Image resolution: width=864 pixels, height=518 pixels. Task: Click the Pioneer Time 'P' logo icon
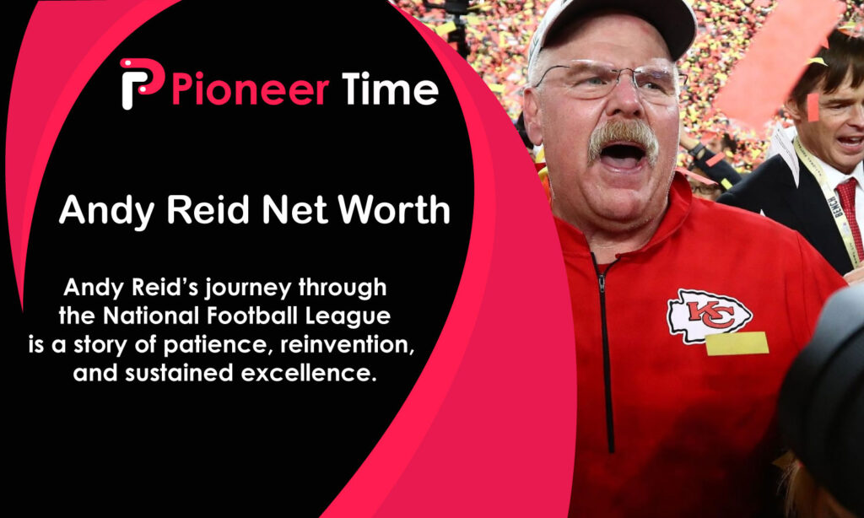(140, 84)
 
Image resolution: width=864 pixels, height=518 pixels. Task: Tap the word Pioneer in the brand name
(249, 89)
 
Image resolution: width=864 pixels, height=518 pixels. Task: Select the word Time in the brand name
(390, 89)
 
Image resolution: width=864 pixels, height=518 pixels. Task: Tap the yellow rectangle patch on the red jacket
(737, 343)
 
